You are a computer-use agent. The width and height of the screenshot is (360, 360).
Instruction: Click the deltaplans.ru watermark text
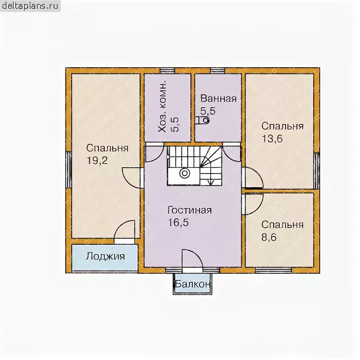pyautogui.click(x=30, y=6)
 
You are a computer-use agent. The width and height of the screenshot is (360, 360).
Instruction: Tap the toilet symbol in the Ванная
pyautogui.click(x=202, y=120)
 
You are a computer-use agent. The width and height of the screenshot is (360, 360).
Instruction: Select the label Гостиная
pyautogui.click(x=190, y=210)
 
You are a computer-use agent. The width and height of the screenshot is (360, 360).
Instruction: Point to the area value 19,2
pyautogui.click(x=97, y=160)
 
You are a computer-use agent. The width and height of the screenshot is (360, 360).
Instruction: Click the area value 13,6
pyautogui.click(x=272, y=139)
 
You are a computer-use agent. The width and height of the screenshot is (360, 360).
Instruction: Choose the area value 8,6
pyautogui.click(x=269, y=237)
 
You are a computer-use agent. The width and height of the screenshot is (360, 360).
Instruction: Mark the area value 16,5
pyautogui.click(x=178, y=222)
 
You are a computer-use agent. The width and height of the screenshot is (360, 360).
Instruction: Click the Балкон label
pyautogui.click(x=192, y=284)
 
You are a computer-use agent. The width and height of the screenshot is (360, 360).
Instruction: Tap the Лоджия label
pyautogui.click(x=105, y=256)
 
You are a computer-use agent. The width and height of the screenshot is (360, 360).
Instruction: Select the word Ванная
pyautogui.click(x=218, y=98)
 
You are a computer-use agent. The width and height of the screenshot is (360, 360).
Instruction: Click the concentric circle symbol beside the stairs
pyautogui.click(x=184, y=173)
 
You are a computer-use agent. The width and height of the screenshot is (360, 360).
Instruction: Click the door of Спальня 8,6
pyautogui.click(x=252, y=204)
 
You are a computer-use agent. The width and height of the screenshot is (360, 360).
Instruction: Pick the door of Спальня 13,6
pyautogui.click(x=252, y=178)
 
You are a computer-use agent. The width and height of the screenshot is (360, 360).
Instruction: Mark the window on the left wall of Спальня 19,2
pyautogui.click(x=69, y=170)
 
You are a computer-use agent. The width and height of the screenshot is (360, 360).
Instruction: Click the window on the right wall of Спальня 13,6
pyautogui.click(x=317, y=171)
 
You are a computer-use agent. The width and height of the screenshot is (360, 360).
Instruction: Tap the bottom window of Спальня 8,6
pyautogui.click(x=274, y=270)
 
